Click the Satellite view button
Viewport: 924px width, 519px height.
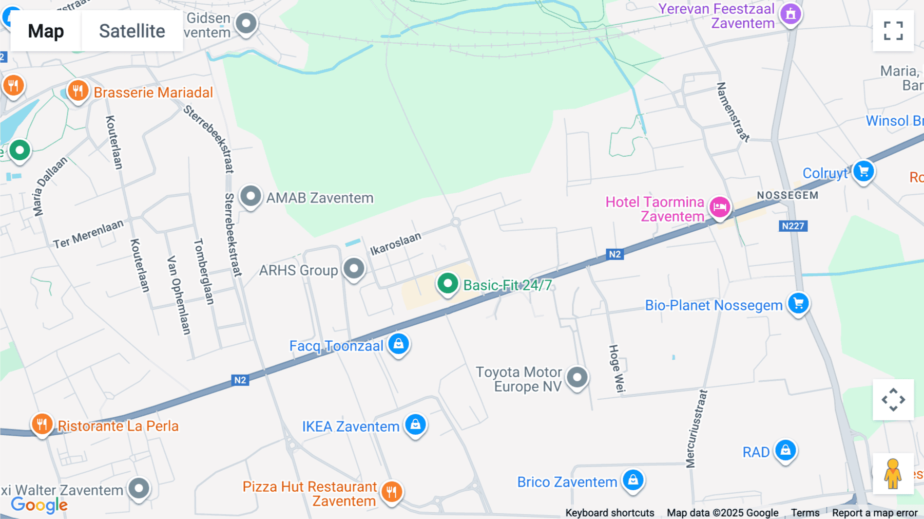[x=132, y=31]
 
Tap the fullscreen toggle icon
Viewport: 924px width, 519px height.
[x=893, y=31]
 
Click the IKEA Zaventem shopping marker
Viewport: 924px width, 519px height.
[x=415, y=424]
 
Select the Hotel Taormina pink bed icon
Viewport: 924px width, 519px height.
[x=720, y=207]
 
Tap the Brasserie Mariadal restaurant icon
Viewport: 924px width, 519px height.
[x=78, y=91]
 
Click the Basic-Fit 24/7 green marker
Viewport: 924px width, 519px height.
[x=448, y=283]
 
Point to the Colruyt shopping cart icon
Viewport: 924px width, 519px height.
[x=863, y=171]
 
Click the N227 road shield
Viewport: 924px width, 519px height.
[x=793, y=226]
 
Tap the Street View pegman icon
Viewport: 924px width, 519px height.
[x=893, y=474]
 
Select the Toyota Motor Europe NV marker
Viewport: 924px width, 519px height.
[x=577, y=378]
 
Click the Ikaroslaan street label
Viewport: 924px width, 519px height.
[x=395, y=244]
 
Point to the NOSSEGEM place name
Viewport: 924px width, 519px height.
[x=787, y=195]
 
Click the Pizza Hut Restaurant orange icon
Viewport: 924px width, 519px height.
[x=392, y=491]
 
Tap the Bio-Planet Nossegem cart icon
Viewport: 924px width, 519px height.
[x=798, y=303]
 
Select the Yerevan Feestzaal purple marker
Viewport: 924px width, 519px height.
[x=791, y=14]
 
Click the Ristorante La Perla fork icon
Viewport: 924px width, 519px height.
[x=42, y=424]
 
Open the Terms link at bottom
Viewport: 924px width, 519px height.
[x=805, y=513]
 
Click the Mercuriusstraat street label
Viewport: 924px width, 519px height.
[x=696, y=429]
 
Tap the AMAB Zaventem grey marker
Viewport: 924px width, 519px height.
[x=251, y=196]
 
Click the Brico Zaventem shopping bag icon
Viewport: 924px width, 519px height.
[x=633, y=480]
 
